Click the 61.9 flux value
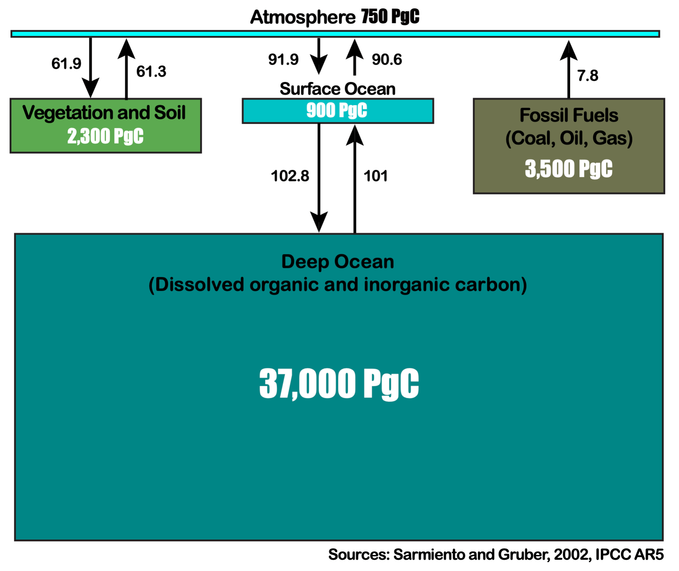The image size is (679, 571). pos(66,64)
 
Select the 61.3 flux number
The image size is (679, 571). pos(151,72)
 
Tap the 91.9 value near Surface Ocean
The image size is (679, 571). pos(283,60)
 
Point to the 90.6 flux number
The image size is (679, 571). pos(387,60)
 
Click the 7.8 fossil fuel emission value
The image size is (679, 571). pos(588,76)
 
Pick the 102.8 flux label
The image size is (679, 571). pos(290,176)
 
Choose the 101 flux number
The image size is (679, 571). pos(375,176)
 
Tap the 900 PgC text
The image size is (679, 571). pos(337,111)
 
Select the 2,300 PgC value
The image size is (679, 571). pos(105,136)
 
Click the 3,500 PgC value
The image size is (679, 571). pos(569,169)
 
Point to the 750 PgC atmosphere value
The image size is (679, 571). pos(390,17)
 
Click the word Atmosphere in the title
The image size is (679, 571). pos(302,17)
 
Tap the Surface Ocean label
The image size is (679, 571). pos(337,89)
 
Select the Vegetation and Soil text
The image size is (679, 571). pos(104,113)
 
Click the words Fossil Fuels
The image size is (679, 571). pos(569,115)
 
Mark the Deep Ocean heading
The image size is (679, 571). pos(337,262)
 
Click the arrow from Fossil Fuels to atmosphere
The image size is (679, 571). pos(569,71)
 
